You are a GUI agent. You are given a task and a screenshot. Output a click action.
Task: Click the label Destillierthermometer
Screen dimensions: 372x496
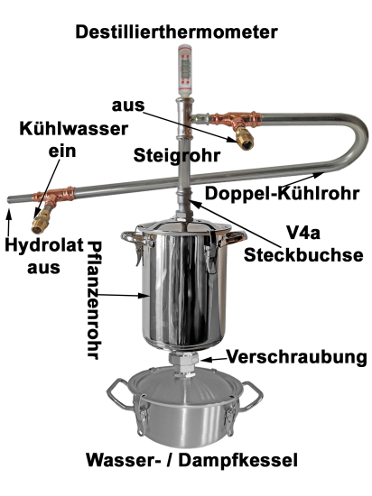coord(176,32)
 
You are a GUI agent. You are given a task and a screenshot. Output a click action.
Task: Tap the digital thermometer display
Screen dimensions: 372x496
coord(185,68)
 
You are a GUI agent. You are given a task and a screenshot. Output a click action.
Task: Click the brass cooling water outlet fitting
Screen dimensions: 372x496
coord(245,139)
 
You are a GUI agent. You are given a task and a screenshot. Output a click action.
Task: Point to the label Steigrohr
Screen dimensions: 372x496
coord(176,155)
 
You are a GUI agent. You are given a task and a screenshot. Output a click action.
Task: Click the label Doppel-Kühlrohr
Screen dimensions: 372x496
coord(282,193)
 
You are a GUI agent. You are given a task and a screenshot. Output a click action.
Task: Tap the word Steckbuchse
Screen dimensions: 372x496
coord(303,254)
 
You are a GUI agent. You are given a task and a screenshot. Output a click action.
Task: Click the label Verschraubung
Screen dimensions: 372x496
coord(297,357)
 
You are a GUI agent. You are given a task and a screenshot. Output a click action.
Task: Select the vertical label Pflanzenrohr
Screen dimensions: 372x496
coord(94,300)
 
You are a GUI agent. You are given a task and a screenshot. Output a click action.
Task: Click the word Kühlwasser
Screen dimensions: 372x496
coord(74,129)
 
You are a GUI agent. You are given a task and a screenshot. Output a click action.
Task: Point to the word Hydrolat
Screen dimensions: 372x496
coord(44,245)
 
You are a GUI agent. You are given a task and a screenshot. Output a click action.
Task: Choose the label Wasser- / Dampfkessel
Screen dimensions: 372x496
coord(191,460)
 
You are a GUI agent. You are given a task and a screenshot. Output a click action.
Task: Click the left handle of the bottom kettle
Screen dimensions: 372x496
coord(117,394)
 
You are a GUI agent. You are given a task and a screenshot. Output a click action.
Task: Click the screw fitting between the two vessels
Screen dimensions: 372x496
coord(183,363)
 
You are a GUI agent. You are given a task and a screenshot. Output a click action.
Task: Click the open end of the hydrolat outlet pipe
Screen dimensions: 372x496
coord(9,199)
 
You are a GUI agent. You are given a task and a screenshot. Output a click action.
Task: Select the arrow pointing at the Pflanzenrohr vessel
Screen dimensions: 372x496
coord(123,295)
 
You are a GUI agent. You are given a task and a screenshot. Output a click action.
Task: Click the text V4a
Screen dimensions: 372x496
coord(303,234)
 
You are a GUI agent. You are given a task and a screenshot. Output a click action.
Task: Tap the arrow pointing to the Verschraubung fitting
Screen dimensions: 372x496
coord(214,359)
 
